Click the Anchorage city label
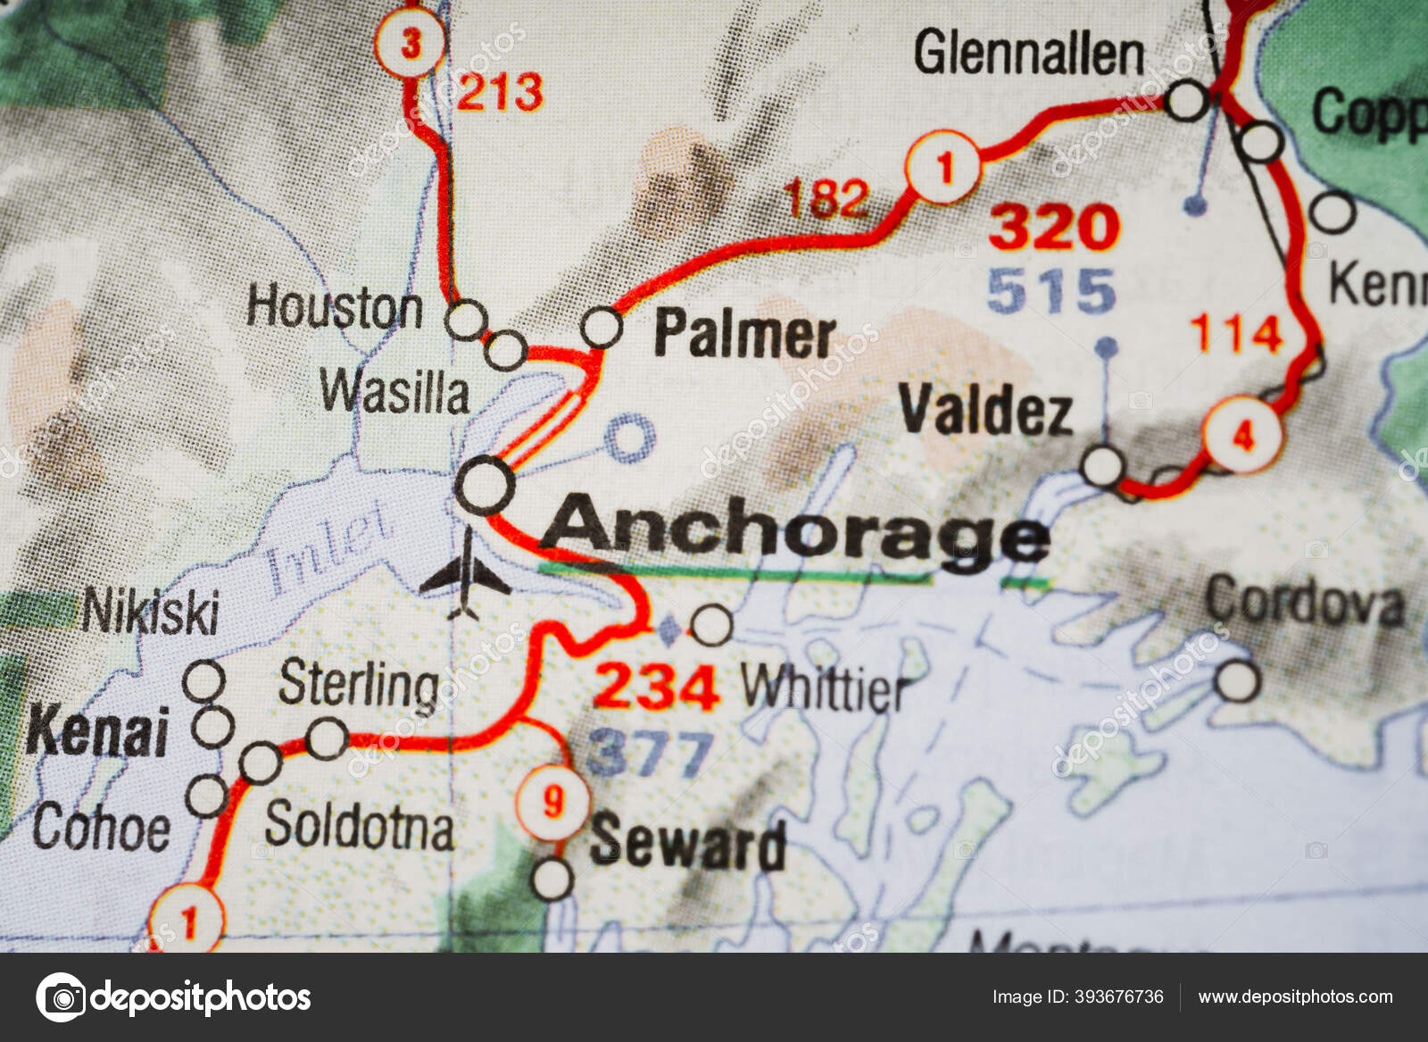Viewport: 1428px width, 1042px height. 794,534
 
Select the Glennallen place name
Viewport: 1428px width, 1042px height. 1028,54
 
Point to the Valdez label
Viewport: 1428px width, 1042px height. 985,411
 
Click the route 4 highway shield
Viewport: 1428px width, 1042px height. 1242,435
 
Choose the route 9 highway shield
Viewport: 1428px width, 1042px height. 553,801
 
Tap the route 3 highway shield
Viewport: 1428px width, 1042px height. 410,44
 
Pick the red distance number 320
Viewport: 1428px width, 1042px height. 1053,227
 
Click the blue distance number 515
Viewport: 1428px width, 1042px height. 1051,291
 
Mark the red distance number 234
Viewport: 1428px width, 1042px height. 656,687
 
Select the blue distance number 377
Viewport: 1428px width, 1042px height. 651,752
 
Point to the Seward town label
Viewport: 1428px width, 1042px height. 687,843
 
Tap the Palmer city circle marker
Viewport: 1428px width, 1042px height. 602,328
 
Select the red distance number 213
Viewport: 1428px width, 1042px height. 500,92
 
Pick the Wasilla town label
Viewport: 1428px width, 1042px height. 394,392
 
